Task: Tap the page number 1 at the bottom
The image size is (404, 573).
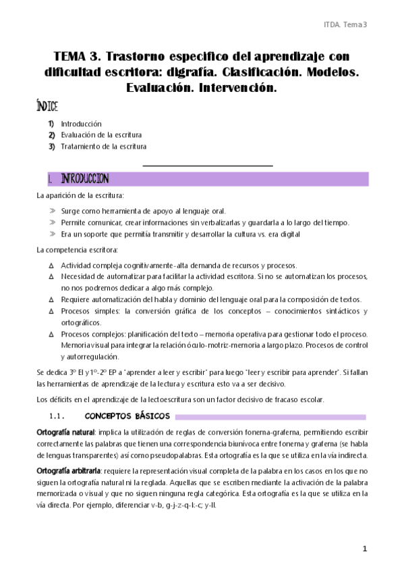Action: (364, 549)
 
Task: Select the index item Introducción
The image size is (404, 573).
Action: (81, 124)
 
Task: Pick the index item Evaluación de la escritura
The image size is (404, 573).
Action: (101, 135)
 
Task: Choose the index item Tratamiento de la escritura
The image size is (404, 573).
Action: (103, 146)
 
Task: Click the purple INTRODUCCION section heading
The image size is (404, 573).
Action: (84, 179)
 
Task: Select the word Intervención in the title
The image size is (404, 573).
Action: (234, 87)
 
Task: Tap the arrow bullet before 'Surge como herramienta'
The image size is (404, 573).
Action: (52, 211)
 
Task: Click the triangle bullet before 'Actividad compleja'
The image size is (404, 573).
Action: (51, 266)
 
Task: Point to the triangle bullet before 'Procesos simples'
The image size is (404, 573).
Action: (51, 312)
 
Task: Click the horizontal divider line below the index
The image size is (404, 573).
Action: (207, 165)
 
